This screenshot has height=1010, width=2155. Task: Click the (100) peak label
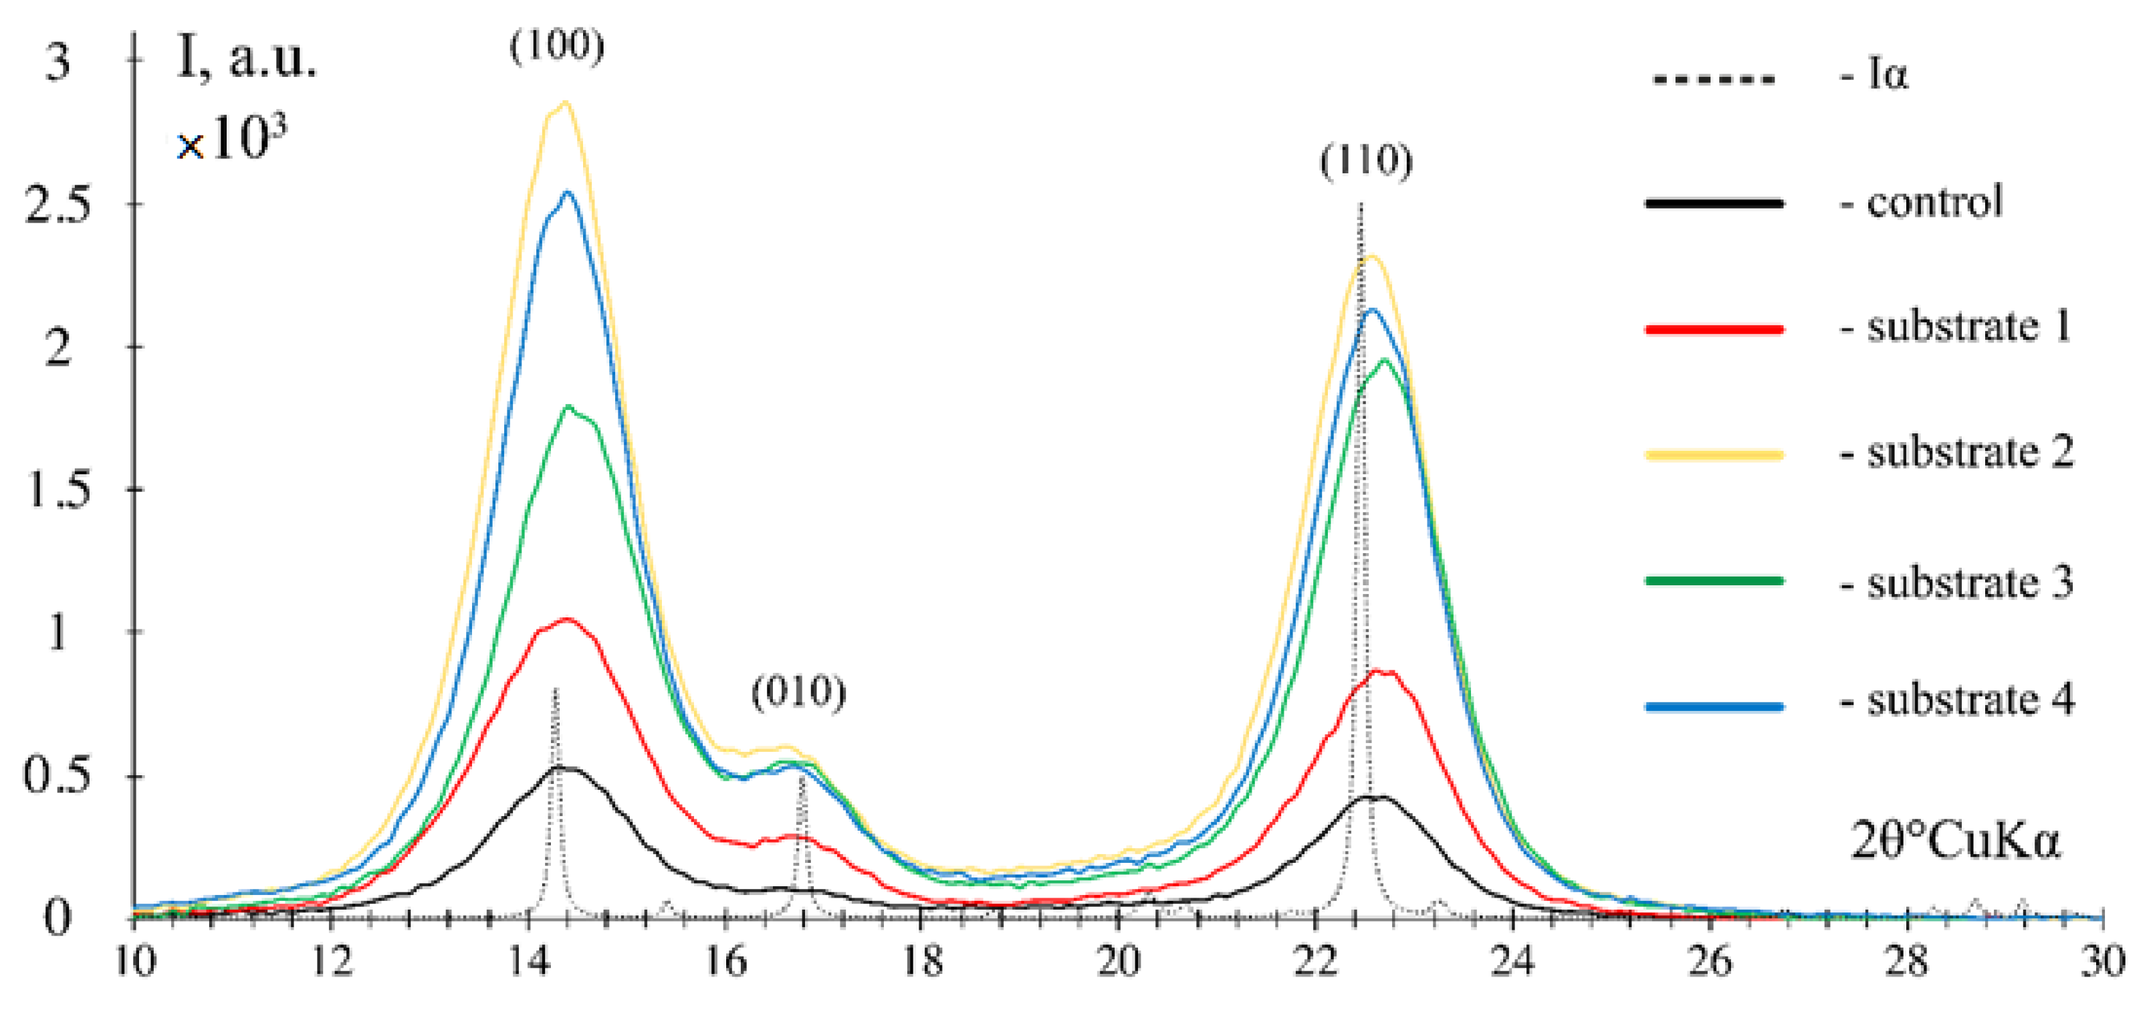(557, 45)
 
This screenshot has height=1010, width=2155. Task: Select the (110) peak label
(1366, 161)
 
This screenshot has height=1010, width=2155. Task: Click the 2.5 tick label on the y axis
(57, 205)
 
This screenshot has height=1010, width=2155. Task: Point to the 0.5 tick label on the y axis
(57, 776)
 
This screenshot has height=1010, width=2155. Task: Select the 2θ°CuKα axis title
(1956, 840)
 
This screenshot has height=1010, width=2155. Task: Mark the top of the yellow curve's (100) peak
(566, 103)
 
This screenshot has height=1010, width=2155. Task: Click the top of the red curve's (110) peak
(1380, 671)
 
